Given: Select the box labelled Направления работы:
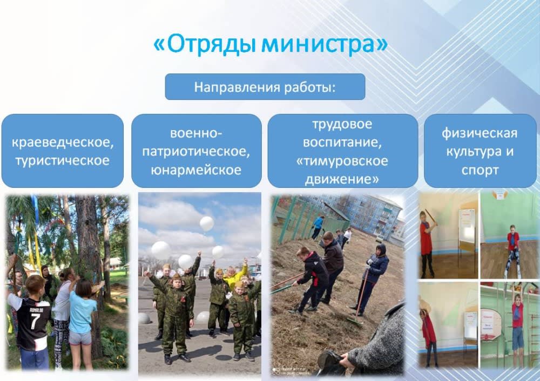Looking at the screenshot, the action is (x=265, y=87).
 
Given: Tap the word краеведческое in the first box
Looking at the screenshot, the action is (x=63, y=142).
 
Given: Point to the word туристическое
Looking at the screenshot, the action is (x=62, y=161).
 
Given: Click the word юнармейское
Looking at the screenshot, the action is (x=196, y=170).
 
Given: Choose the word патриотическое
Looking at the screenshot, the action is (x=196, y=152).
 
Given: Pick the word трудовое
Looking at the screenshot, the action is (x=342, y=124).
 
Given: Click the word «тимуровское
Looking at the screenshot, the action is (x=342, y=161).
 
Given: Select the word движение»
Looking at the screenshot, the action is (x=342, y=179).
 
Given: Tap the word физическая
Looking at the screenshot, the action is (x=480, y=133).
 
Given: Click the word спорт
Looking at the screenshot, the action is (x=480, y=170).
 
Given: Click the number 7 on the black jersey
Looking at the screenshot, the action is (x=35, y=321).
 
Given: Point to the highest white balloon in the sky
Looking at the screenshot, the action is (x=207, y=223).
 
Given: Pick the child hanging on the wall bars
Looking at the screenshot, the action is (x=517, y=323).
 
